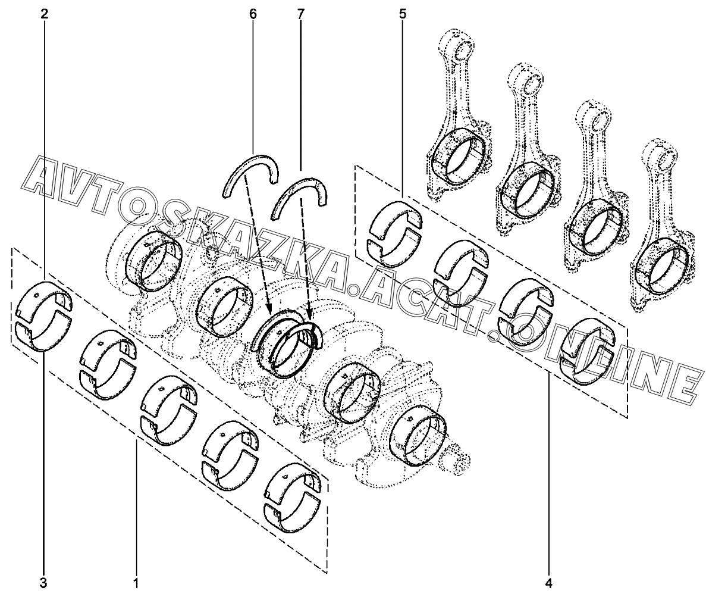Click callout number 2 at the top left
43,14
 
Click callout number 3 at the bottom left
43,583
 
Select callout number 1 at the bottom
136,583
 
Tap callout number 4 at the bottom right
548,583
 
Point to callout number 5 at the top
402,14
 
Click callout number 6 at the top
253,14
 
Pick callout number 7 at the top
300,14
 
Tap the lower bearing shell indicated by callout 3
43,336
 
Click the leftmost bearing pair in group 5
396,234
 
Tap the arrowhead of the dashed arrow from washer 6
269,311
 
